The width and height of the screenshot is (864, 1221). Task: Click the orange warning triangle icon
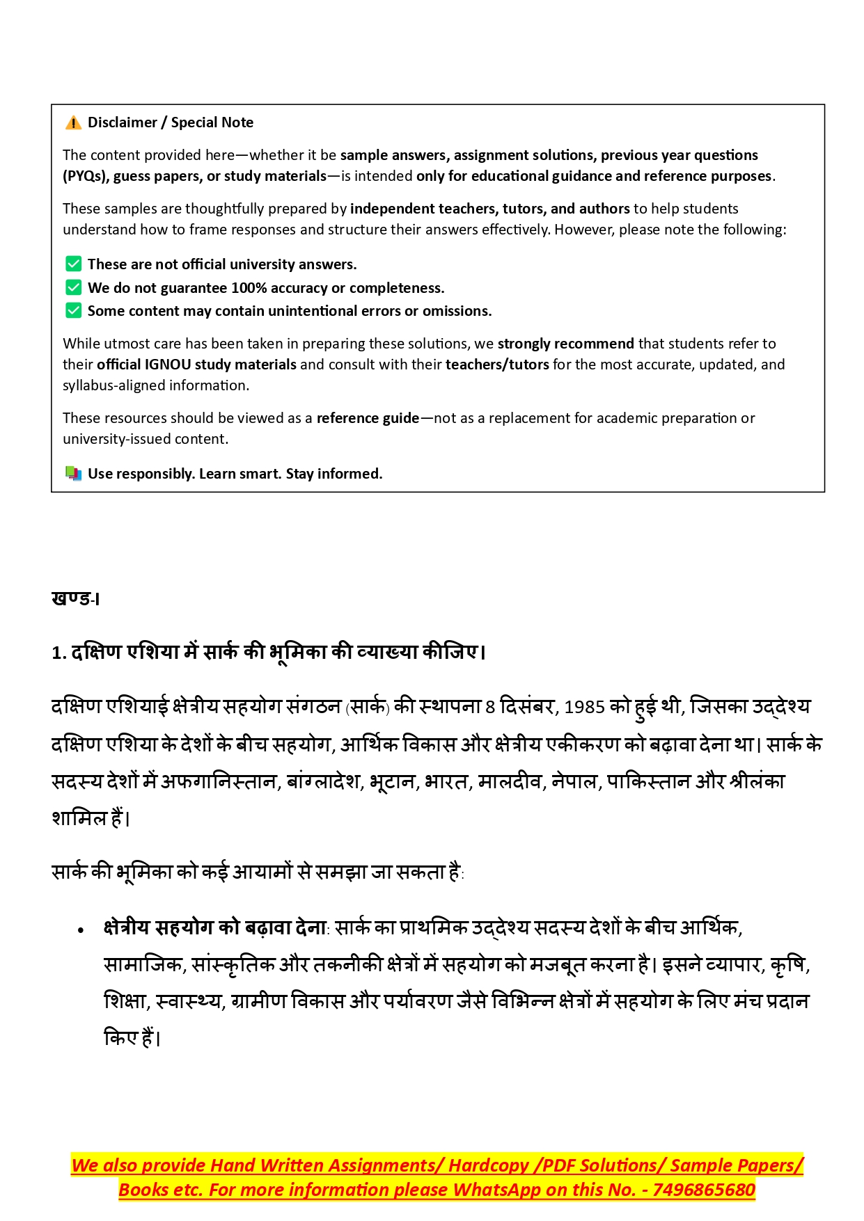point(73,123)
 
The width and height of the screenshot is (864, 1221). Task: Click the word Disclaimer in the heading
point(123,122)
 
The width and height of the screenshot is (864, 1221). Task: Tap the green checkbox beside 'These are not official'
point(73,264)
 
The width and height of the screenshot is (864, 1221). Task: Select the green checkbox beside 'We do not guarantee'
point(73,287)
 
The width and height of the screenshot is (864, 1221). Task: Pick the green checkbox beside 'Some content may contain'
point(73,310)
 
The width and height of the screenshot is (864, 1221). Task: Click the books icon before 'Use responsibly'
point(73,474)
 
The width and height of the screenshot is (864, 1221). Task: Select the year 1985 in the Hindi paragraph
point(584,708)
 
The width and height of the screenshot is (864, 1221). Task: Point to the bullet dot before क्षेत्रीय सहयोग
point(81,930)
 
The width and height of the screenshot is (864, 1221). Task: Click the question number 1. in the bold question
point(58,653)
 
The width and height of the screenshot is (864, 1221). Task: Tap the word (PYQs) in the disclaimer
point(85,176)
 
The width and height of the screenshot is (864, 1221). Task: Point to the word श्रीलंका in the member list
point(757,782)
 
